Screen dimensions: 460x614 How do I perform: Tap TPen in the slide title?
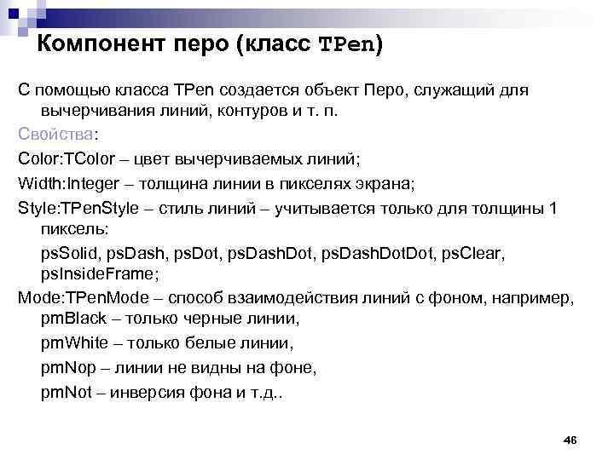[345, 44]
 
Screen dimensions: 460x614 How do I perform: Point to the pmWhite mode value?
[73, 345]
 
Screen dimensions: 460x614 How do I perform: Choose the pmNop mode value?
[67, 368]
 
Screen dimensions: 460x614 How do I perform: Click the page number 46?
[571, 439]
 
